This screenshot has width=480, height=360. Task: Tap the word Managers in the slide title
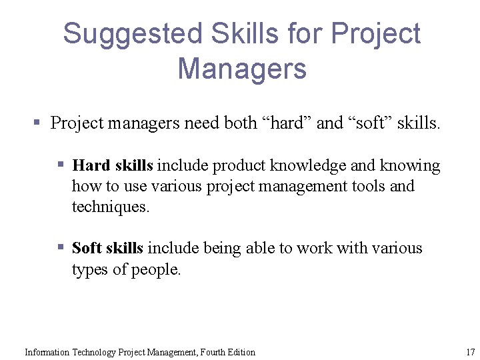tap(242, 69)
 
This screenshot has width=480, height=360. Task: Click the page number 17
tap(470, 352)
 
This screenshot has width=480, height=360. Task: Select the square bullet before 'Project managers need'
tap(38, 123)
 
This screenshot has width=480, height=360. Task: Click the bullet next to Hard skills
tap(60, 165)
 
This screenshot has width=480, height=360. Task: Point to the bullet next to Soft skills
tap(60, 247)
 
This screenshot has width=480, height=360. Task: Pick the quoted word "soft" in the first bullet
tap(369, 123)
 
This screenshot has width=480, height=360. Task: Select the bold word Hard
tap(91, 165)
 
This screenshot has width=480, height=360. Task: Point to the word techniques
tap(111, 207)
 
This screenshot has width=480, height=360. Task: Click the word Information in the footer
tap(47, 352)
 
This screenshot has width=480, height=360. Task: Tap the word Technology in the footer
tap(93, 352)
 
